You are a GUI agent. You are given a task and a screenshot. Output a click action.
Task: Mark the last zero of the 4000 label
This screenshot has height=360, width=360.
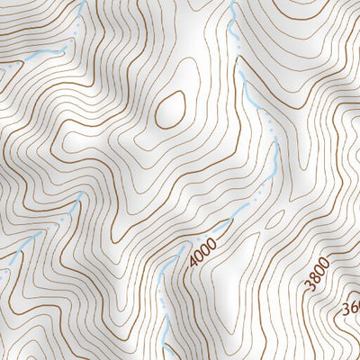214,240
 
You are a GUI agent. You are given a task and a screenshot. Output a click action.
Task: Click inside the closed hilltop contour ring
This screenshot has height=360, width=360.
170,110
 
